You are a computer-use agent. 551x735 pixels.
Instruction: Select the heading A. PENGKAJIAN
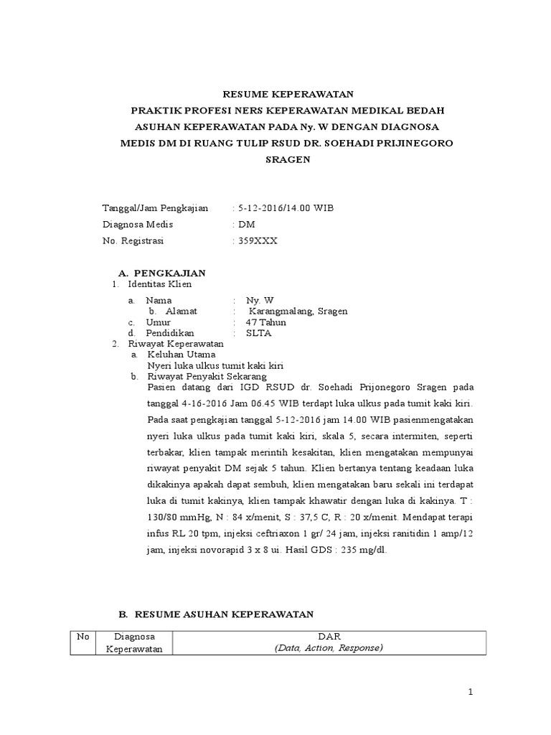pos(161,273)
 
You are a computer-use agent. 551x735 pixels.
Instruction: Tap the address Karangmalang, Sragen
pos(298,312)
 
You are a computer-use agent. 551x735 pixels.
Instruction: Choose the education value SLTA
pos(258,333)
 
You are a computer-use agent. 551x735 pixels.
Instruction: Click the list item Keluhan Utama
pos(181,355)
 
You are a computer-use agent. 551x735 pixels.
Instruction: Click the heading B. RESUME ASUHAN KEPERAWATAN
pos(216,614)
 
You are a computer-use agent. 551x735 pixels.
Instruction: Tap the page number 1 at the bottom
pos(471,692)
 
